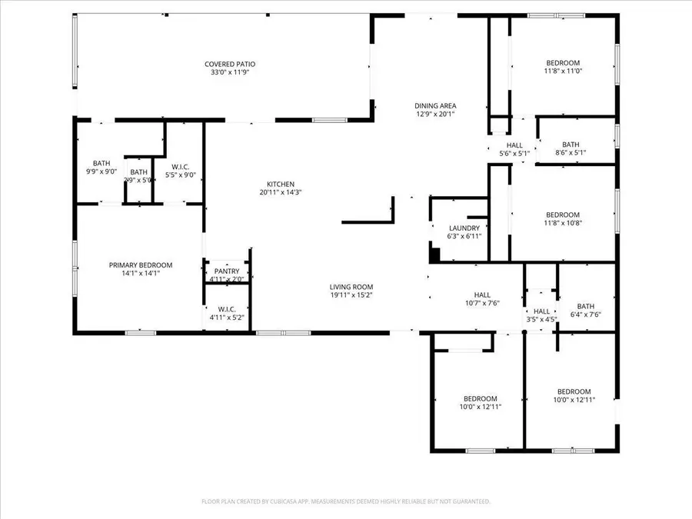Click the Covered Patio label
click(x=230, y=64)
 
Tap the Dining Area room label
click(x=436, y=106)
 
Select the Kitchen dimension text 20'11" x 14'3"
click(x=281, y=193)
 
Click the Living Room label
click(x=351, y=287)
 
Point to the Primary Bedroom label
click(x=140, y=264)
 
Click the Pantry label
click(x=227, y=271)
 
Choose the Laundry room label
click(x=464, y=228)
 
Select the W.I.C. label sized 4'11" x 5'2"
click(x=226, y=309)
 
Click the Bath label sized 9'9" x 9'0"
click(x=101, y=163)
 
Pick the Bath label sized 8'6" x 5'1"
click(x=571, y=144)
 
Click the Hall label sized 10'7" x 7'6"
click(x=482, y=294)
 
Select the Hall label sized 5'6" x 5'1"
click(x=514, y=145)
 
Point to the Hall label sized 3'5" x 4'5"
click(x=542, y=311)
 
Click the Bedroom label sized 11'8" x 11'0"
click(x=563, y=63)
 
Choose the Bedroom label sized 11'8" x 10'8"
click(x=563, y=215)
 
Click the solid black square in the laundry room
click(x=434, y=255)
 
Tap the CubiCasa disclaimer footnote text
click(x=346, y=501)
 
